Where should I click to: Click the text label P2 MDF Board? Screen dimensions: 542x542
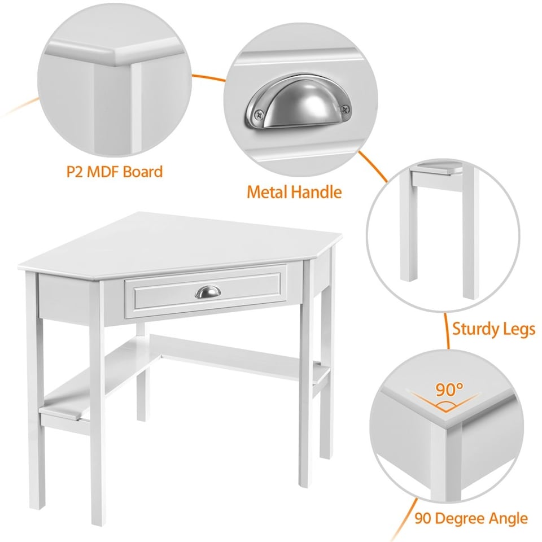coord(115,172)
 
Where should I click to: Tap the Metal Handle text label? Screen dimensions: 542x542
coord(294,192)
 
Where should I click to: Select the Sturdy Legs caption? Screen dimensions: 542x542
coord(493,329)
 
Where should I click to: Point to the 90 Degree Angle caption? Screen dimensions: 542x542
coord(471,518)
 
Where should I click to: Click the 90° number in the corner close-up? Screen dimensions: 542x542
coord(449,390)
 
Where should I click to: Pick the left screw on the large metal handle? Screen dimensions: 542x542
coord(259,113)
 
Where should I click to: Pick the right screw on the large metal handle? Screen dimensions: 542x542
coord(345,109)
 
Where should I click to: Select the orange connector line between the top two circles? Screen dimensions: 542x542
coord(209,78)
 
